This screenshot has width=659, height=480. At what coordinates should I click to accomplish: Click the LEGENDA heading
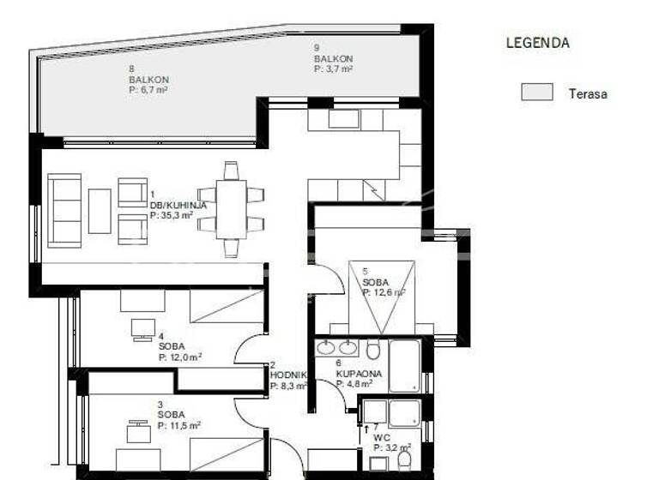[537, 42]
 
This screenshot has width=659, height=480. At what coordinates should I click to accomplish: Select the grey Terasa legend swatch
[536, 93]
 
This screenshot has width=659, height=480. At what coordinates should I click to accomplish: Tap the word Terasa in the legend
[587, 93]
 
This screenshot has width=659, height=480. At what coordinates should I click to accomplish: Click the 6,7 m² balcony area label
[148, 87]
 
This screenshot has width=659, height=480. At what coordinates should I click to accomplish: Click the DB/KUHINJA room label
[178, 206]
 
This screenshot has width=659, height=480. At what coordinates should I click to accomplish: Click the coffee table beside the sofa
[100, 211]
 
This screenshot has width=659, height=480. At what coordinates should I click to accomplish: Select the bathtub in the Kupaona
[405, 366]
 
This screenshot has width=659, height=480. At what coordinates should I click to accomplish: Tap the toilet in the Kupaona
[373, 351]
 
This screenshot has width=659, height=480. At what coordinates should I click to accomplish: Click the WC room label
[382, 436]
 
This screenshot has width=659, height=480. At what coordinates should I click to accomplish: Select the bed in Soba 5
[382, 295]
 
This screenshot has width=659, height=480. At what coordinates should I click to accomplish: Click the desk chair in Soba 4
[142, 328]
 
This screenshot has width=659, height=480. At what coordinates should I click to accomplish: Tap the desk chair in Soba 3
[137, 426]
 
